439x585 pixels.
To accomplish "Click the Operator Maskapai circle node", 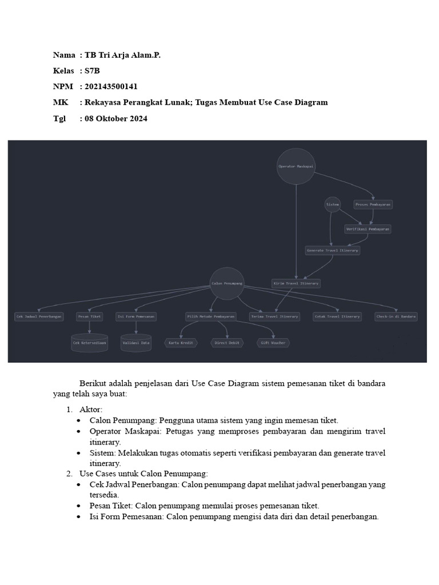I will tap(296, 166).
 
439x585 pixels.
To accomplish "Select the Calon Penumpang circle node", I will tap(227, 283).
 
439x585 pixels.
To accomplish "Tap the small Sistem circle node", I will tap(333, 204).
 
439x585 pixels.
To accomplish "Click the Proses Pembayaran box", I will tap(373, 204).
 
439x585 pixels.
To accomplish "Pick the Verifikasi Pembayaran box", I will tap(368, 229).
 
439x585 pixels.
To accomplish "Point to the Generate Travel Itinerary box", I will tap(332, 250).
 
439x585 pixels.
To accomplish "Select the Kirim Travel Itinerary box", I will tap(296, 283).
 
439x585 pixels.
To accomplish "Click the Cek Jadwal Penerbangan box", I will tap(39, 316).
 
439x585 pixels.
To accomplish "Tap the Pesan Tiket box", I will tap(90, 316).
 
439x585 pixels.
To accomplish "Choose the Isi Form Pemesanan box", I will tap(135, 316).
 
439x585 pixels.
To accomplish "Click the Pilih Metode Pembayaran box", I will tap(211, 316).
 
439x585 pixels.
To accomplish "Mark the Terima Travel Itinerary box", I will tap(274, 316).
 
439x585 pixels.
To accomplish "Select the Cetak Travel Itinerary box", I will tap(337, 316).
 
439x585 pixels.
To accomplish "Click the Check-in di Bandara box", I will tap(396, 316).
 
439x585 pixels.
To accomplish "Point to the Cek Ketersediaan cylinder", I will tap(90, 343).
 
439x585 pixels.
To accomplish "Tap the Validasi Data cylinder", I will tap(136, 343).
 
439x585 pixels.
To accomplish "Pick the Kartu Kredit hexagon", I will tap(181, 343).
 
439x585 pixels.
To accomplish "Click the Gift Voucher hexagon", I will tap(273, 343).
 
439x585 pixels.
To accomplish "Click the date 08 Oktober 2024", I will tap(115, 119).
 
